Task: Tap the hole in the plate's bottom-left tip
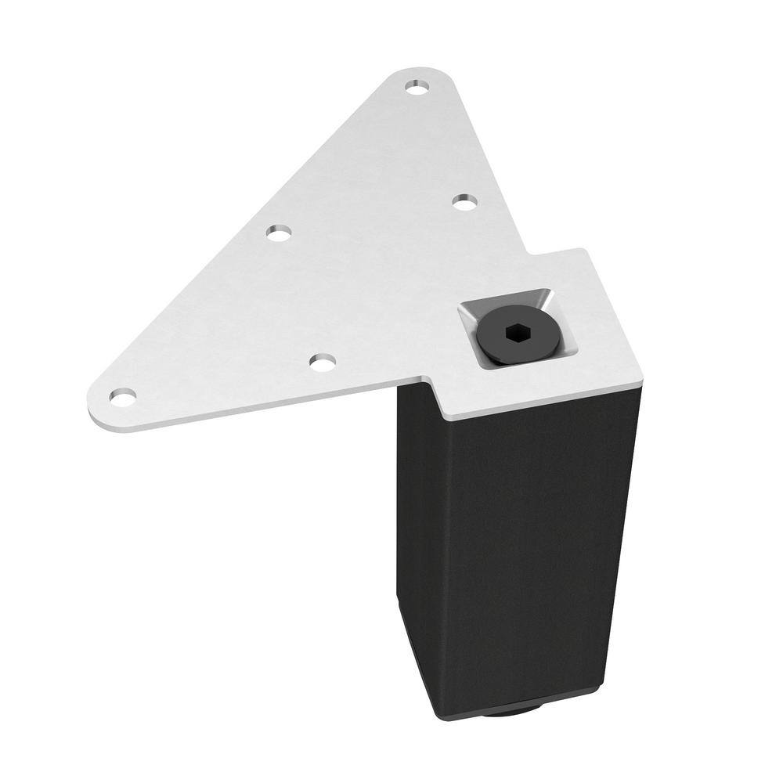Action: coord(122,397)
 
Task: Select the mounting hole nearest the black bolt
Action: coord(465,202)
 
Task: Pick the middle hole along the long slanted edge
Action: coord(278,233)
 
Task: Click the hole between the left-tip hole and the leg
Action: coord(322,362)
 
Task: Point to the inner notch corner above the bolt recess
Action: coord(530,256)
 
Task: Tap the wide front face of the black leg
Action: coord(540,540)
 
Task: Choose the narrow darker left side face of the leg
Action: coord(415,532)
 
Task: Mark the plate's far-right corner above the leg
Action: coord(644,380)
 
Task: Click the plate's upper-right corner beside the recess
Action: coord(584,251)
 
